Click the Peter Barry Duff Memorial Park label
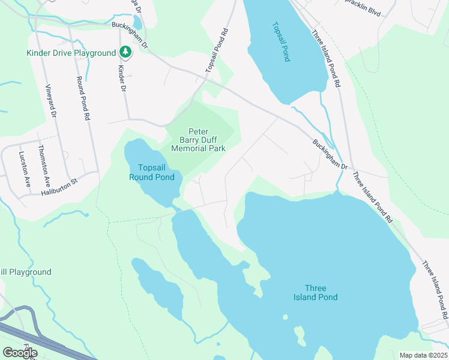click(198, 140)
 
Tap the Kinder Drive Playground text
click(71, 53)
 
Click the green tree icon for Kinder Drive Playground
click(125, 52)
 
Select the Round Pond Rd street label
click(82, 98)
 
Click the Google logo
click(20, 352)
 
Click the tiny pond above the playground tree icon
click(137, 23)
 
